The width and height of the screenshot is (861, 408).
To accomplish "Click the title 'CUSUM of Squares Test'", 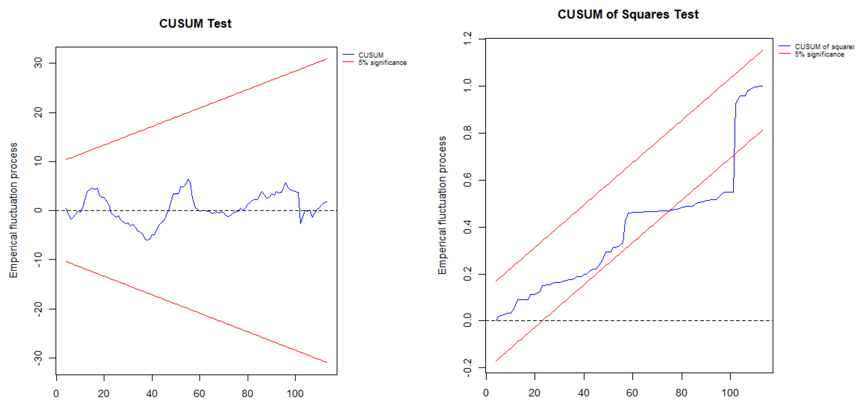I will coord(628,14).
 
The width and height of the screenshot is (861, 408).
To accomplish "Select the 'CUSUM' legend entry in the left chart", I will coord(371,55).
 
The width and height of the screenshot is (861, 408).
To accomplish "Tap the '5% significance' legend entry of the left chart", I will coord(382,63).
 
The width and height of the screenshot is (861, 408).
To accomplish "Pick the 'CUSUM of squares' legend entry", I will coord(824,47).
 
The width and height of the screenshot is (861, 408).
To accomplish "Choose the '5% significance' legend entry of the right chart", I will coord(819,54).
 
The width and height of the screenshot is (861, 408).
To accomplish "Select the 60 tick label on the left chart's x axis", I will coord(199,393).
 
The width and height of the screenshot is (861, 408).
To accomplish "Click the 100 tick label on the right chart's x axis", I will coord(730,393).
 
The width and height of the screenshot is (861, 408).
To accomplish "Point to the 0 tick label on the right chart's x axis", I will coord(486,393).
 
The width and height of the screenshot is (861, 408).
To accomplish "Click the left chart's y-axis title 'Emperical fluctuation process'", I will coord(13,210).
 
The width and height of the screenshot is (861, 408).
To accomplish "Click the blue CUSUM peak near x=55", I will coord(188,179).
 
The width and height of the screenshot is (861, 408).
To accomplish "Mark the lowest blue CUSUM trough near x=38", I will coord(147,240).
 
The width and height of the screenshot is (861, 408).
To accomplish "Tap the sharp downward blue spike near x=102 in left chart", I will coord(300,223).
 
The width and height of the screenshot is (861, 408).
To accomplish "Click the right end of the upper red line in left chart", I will coord(327,59).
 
